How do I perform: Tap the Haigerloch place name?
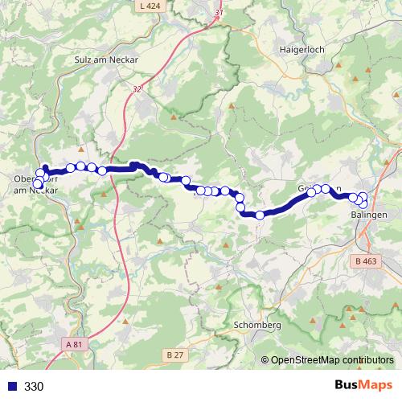pos(300,48)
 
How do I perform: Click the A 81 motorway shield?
pos(74,344)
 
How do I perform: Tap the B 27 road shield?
pos(174,355)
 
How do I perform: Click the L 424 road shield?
pos(150,6)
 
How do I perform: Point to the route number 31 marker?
pos(219,13)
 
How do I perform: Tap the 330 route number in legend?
pos(34,387)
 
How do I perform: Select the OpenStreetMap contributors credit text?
pos(331,361)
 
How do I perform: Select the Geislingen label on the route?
pos(319,189)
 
